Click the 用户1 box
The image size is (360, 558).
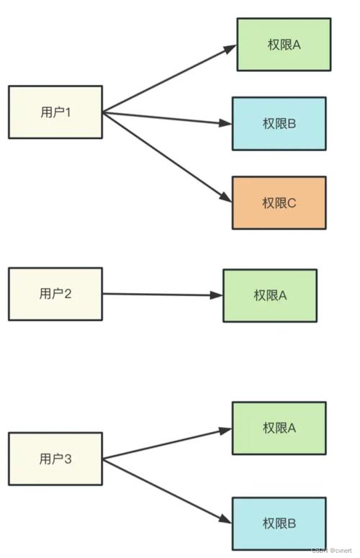[x=55, y=112]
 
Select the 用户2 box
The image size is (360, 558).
[x=55, y=294]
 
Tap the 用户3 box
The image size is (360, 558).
[x=55, y=459]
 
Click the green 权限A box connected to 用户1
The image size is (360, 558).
[x=284, y=45]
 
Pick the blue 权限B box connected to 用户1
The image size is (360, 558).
[x=279, y=124]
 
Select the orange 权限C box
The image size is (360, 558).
[x=279, y=202]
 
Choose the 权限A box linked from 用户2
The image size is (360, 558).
[x=269, y=295]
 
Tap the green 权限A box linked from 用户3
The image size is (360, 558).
[x=279, y=428]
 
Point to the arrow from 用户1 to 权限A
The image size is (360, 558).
[x=169, y=78]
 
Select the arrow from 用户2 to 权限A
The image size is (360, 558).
[x=162, y=294]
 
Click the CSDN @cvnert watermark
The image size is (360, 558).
[x=333, y=549]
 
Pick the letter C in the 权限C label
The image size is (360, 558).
[x=292, y=202]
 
